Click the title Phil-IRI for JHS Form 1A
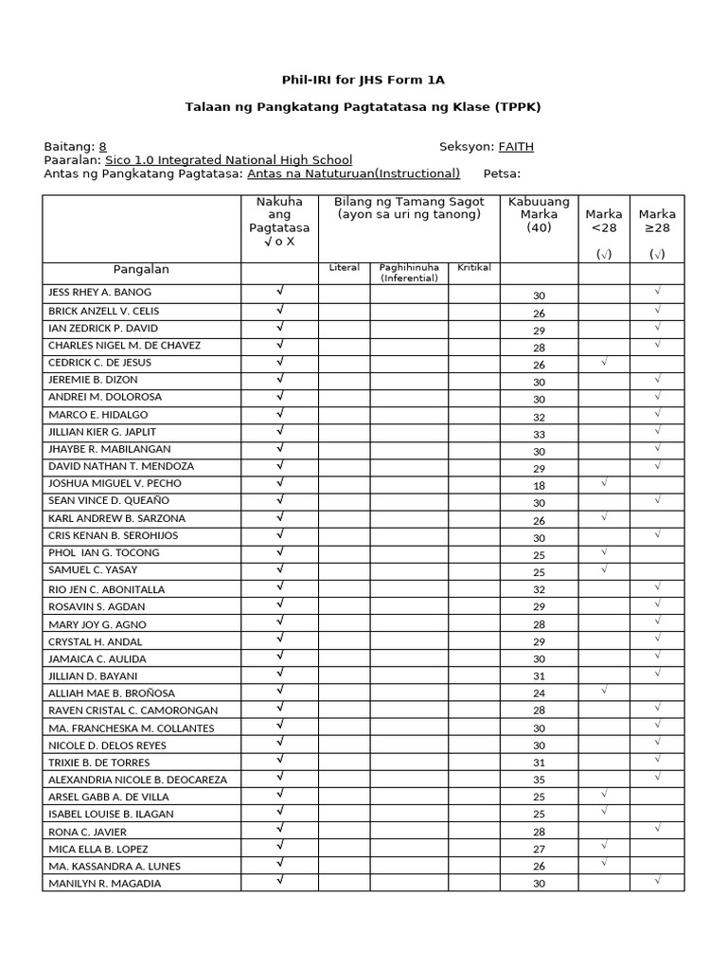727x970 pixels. pyautogui.click(x=363, y=81)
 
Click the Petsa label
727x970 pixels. pyautogui.click(x=502, y=173)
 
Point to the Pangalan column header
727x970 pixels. pyautogui.click(x=141, y=270)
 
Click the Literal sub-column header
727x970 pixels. pyautogui.click(x=344, y=268)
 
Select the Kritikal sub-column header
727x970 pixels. pyautogui.click(x=474, y=268)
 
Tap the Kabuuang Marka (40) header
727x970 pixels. pyautogui.click(x=539, y=214)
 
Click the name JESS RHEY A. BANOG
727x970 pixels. pyautogui.click(x=99, y=293)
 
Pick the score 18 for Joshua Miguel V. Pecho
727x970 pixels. pyautogui.click(x=539, y=485)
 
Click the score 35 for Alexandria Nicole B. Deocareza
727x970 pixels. pyautogui.click(x=539, y=781)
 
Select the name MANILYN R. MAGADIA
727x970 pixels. pyautogui.click(x=104, y=884)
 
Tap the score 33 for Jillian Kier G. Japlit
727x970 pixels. pyautogui.click(x=539, y=434)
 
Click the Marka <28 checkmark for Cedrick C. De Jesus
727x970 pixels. pyautogui.click(x=604, y=362)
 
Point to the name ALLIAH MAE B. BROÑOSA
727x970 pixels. pyautogui.click(x=112, y=693)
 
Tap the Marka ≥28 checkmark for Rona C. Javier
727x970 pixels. pyautogui.click(x=657, y=828)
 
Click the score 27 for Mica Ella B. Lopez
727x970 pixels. pyautogui.click(x=539, y=850)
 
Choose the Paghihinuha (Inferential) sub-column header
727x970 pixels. pyautogui.click(x=409, y=273)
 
